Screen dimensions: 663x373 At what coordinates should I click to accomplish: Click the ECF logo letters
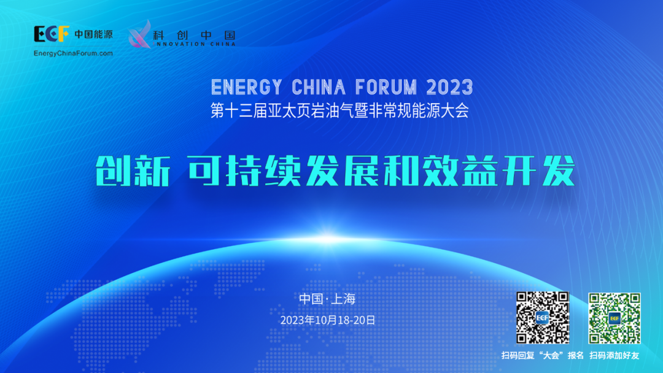click(51, 34)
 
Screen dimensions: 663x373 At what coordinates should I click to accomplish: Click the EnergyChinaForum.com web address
click(73, 53)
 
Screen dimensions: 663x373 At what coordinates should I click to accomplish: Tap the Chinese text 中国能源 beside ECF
click(93, 34)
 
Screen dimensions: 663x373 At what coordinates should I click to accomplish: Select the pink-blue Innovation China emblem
click(140, 34)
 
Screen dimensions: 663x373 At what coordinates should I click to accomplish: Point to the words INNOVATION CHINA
click(195, 44)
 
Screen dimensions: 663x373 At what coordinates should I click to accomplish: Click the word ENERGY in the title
click(247, 88)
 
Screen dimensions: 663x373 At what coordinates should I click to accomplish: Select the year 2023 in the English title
click(450, 88)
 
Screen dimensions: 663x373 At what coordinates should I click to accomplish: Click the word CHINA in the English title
click(319, 88)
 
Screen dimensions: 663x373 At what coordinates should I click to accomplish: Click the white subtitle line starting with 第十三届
click(340, 111)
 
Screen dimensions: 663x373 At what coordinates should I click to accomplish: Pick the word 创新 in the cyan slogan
click(133, 171)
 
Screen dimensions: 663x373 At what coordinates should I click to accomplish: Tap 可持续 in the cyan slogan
click(244, 171)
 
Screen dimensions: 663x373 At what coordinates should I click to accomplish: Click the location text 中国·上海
click(327, 299)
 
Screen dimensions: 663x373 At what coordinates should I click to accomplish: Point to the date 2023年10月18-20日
click(328, 320)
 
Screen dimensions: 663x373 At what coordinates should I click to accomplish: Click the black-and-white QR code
click(543, 318)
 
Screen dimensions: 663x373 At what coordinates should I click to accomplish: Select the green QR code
click(615, 318)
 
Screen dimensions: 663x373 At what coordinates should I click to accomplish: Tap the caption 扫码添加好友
click(615, 356)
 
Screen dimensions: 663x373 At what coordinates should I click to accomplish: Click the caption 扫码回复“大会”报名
click(543, 356)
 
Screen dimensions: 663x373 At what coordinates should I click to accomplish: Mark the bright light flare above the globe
click(328, 239)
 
